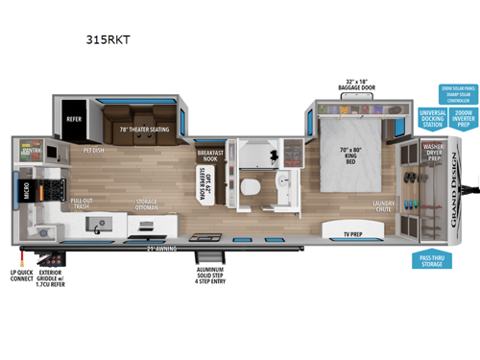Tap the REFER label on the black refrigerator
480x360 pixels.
click(x=76, y=119)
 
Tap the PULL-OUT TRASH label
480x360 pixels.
click(x=82, y=205)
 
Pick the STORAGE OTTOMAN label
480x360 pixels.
click(x=147, y=204)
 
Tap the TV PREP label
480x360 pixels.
click(x=340, y=232)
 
